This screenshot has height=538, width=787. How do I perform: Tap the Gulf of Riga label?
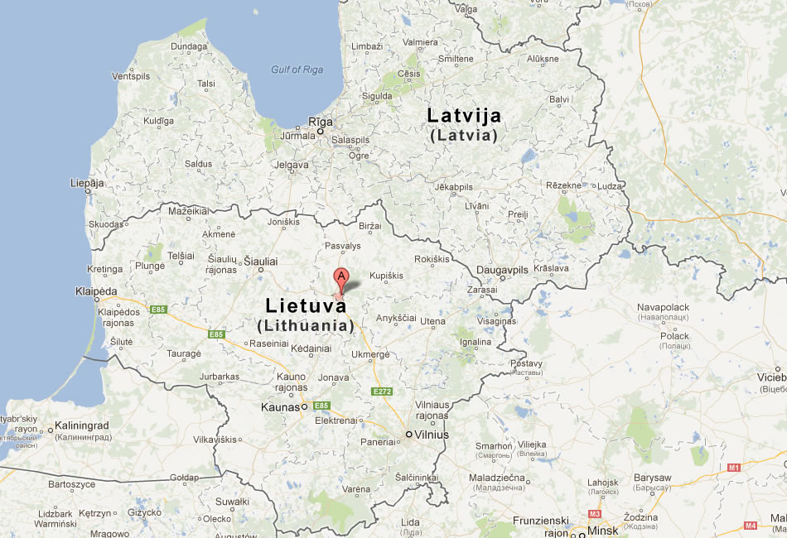(297, 70)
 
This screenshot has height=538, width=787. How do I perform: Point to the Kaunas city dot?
(304, 406)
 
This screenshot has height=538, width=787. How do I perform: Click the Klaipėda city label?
(95, 292)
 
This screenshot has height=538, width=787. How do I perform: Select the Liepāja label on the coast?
(87, 182)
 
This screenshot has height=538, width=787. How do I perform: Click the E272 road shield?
(382, 391)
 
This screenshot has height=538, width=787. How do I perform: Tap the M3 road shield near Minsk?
(593, 513)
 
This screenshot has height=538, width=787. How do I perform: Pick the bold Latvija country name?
(464, 116)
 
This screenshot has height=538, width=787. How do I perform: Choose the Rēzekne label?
(563, 185)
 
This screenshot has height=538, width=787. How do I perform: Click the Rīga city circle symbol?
(320, 132)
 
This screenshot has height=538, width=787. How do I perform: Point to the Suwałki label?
(232, 502)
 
